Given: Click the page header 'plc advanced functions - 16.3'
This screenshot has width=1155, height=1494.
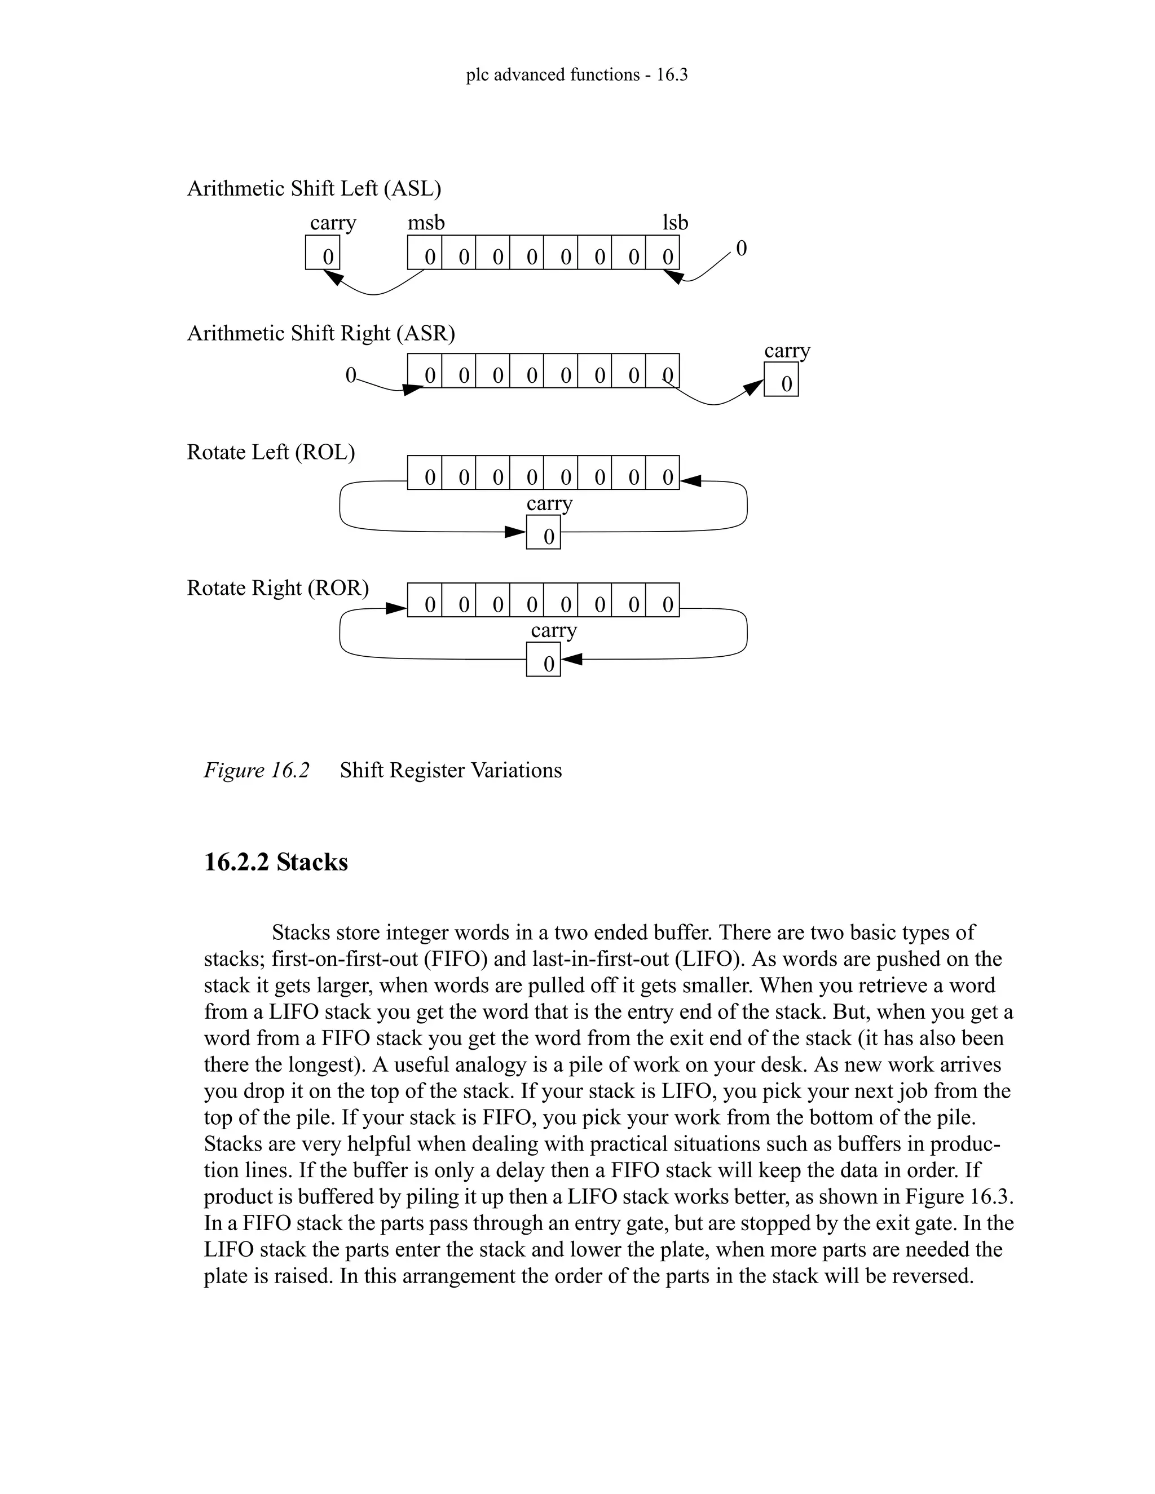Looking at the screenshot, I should click(x=576, y=74).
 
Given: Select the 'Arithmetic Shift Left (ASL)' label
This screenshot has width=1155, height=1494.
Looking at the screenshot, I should click(x=314, y=188).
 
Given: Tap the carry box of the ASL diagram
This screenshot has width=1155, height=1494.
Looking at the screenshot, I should click(x=322, y=253).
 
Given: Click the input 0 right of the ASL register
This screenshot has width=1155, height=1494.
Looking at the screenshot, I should click(x=741, y=247).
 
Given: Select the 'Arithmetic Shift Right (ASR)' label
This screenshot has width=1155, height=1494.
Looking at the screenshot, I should click(x=321, y=333).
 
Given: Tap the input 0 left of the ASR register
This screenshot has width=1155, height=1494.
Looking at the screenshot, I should click(x=350, y=375).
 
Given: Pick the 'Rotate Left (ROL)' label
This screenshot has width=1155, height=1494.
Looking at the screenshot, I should click(x=271, y=452).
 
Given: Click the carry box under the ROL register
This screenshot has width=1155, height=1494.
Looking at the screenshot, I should click(x=543, y=532).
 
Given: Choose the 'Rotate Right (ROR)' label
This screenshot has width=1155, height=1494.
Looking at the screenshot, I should click(x=278, y=587).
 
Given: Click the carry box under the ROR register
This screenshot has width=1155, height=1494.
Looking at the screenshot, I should click(x=543, y=660).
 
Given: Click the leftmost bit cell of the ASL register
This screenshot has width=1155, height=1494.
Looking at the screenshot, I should click(x=425, y=253).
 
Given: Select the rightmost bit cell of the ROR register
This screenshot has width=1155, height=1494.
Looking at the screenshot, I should click(x=662, y=600).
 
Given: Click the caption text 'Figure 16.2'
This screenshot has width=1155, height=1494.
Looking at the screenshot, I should click(x=257, y=770).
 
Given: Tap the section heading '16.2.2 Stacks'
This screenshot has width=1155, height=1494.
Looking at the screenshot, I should click(x=276, y=862).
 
